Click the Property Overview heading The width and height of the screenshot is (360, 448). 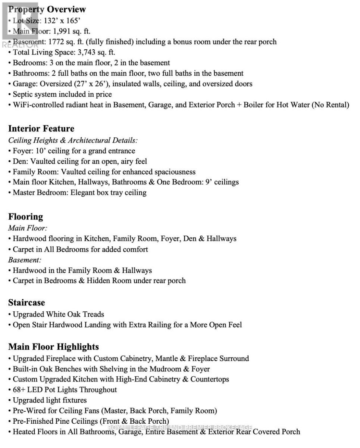click(47, 10)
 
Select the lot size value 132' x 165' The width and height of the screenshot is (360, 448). click(62, 21)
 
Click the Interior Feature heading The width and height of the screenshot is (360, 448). click(41, 129)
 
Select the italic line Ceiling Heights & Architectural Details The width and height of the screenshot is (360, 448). click(73, 140)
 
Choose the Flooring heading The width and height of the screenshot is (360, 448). click(25, 217)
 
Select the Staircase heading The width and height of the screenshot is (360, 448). click(26, 303)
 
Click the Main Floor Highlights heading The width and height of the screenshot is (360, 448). click(53, 347)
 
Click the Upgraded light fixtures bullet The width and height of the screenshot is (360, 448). click(50, 400)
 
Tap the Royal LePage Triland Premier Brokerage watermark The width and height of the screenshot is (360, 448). click(180, 427)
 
